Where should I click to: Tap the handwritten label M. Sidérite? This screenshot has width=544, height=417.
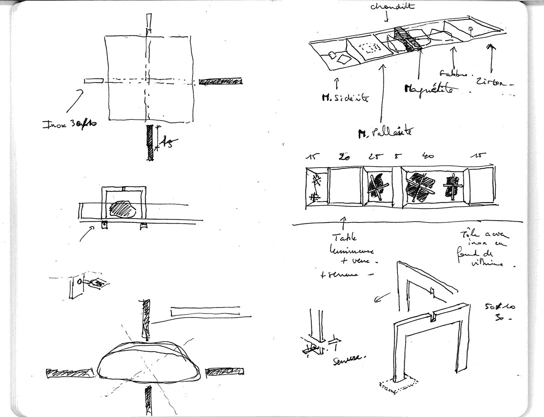click(x=345, y=98)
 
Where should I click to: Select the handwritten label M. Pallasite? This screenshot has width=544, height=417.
click(x=385, y=133)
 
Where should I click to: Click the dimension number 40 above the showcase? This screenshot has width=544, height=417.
click(x=428, y=156)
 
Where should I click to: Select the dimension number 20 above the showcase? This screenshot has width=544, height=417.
click(x=344, y=157)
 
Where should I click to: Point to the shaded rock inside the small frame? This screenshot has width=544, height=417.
click(x=122, y=209)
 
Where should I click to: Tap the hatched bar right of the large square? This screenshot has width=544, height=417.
click(x=221, y=82)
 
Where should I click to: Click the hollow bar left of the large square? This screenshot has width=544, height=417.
click(x=94, y=81)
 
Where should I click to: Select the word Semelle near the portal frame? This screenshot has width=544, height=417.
click(x=347, y=359)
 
